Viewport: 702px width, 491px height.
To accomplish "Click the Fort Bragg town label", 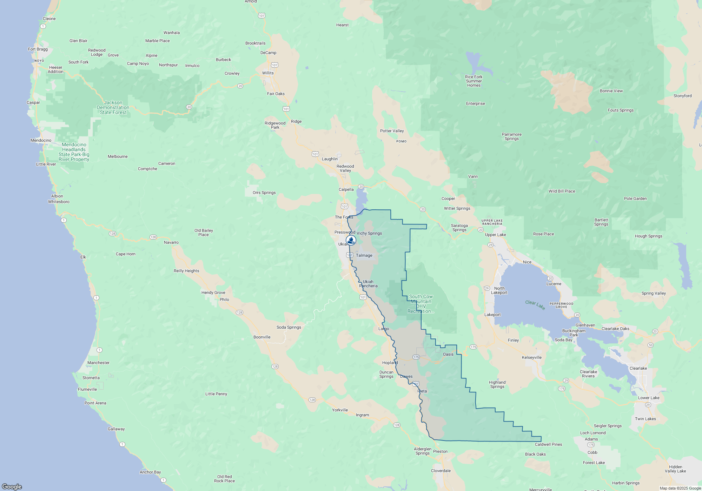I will (38, 49).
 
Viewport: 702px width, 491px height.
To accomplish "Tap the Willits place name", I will (268, 73).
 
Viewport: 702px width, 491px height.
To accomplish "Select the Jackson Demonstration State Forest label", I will (113, 107).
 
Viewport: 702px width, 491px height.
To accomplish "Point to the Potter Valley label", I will (392, 131).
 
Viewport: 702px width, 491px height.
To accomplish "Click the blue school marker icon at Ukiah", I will (351, 240).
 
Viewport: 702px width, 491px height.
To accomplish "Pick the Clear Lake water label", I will (535, 304).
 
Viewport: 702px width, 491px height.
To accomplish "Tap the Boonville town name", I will (262, 337).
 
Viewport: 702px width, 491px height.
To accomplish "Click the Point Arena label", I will (95, 403).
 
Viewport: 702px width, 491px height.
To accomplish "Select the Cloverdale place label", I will (441, 471).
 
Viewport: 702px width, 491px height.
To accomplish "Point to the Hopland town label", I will (390, 363).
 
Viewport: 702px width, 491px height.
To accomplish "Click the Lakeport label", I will (492, 315).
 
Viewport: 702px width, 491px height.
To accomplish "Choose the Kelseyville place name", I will (531, 357).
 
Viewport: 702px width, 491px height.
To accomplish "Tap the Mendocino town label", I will (41, 140).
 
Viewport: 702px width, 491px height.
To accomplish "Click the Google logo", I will (12, 486).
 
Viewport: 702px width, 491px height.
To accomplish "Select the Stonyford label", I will (682, 96).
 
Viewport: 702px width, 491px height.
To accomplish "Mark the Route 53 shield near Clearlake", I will (650, 345).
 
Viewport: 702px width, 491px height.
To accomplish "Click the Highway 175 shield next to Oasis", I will (416, 357).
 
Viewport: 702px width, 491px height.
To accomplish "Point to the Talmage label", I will (364, 255).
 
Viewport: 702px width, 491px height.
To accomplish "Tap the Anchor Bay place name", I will (150, 472).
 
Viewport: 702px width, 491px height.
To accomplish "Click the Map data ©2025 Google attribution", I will (680, 488).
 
